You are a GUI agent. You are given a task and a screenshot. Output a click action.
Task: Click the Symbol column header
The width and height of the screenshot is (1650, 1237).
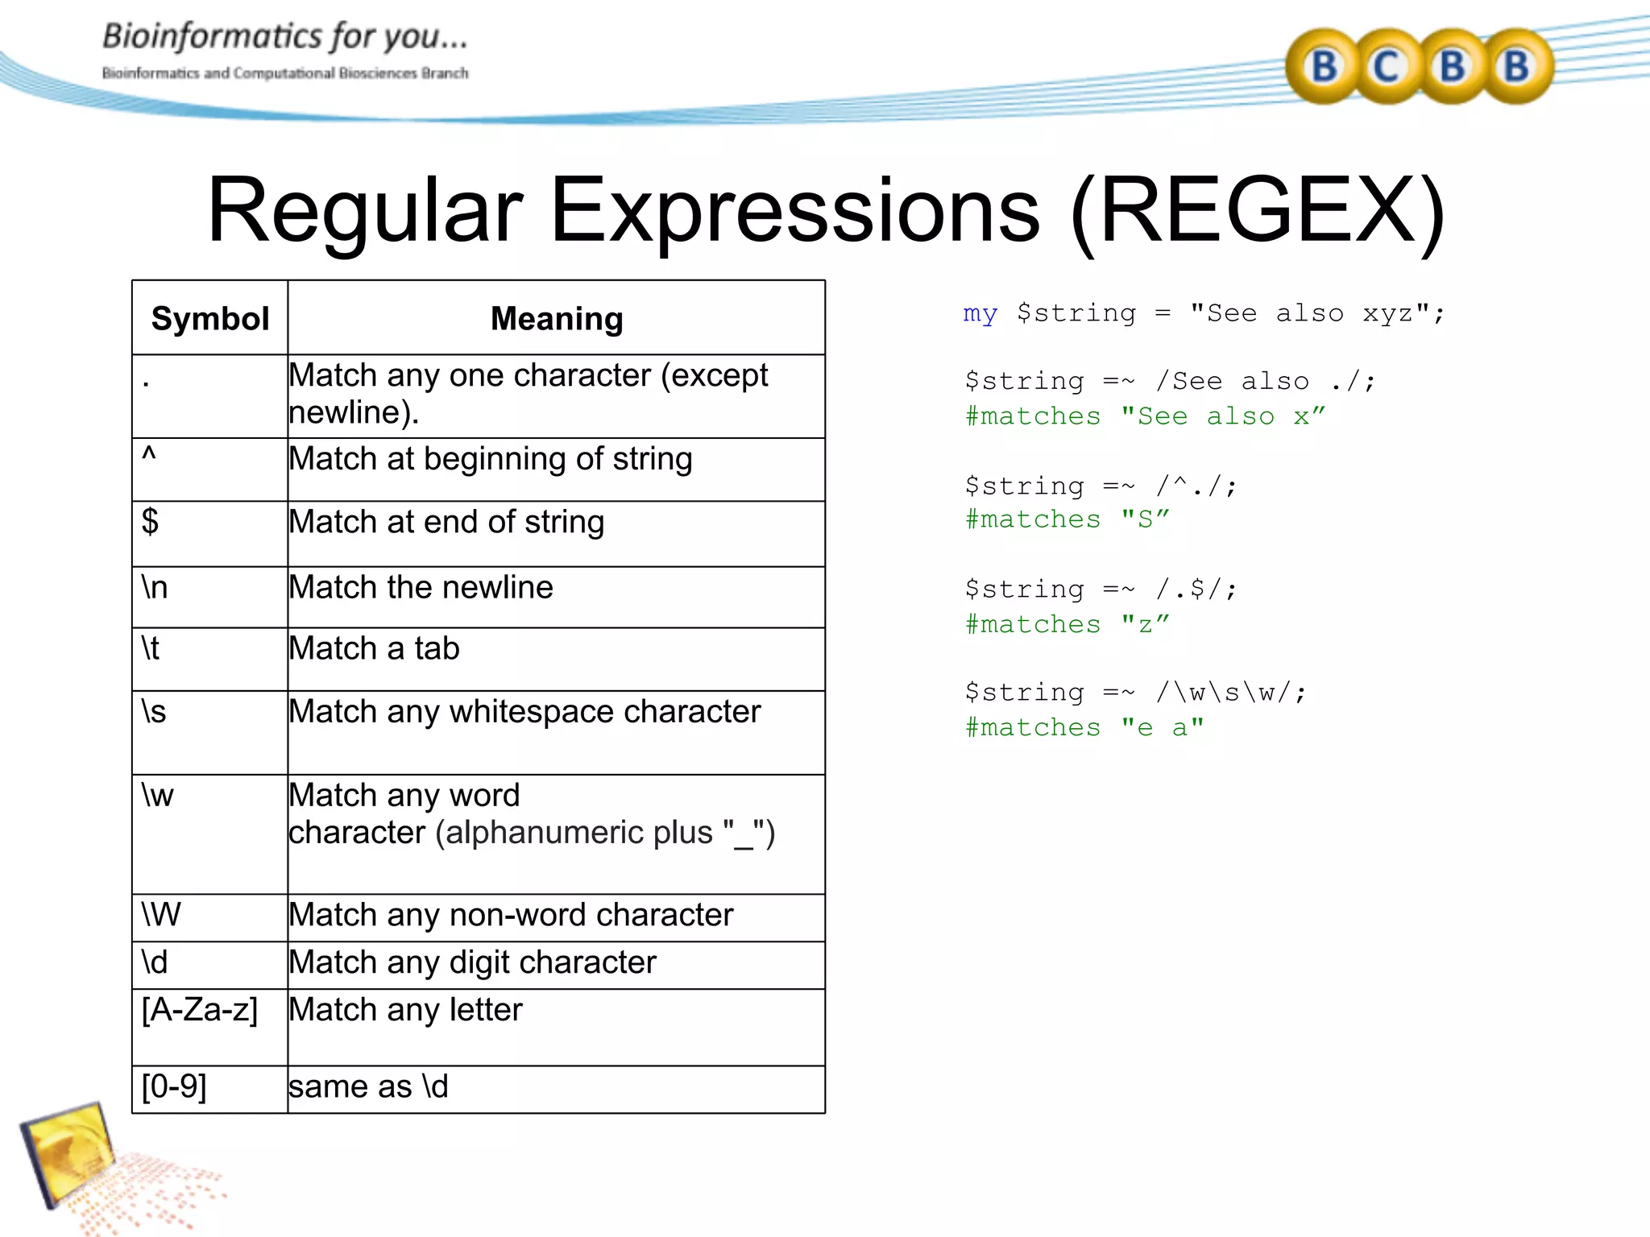pos(210,319)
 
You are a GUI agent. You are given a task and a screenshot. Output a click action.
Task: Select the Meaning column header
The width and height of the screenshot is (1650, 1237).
pos(557,319)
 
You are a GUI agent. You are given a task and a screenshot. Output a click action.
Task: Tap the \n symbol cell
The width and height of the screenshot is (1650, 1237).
pos(155,588)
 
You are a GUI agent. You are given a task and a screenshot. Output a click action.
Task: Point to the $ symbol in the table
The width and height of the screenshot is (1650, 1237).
pos(151,522)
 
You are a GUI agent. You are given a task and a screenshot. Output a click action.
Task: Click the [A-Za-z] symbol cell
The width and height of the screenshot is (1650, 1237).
pos(200,1010)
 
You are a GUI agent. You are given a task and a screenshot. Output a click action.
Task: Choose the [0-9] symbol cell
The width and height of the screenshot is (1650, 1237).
pos(175,1087)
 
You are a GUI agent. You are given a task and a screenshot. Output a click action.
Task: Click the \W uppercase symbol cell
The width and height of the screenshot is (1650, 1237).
pos(161,915)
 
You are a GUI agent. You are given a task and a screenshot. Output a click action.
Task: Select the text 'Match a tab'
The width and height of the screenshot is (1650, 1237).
pos(375,649)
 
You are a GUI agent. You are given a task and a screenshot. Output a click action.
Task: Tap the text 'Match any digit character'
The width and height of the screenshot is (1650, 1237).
pos(473,962)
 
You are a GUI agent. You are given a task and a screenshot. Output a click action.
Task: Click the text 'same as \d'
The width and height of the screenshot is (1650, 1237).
pos(368,1087)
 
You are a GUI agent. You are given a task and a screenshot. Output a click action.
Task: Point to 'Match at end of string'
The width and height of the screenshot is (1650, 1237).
pos(447,522)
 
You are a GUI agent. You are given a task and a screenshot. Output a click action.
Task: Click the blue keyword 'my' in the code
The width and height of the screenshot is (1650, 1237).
pos(980,313)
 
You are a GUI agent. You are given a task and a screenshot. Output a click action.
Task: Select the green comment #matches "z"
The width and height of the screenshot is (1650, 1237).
pos(1067,625)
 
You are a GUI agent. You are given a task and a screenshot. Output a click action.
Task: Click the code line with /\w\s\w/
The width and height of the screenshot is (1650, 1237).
pos(1135,693)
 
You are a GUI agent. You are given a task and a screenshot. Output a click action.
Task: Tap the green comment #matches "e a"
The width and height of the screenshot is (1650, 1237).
pos(1084,728)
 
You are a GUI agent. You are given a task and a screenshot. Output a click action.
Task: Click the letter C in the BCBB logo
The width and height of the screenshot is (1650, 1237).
pos(1387,67)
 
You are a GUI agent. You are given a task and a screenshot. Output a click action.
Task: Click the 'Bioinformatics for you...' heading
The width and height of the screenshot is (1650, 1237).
pos(284,37)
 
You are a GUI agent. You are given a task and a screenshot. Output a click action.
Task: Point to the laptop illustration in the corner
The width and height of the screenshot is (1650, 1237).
pos(68,1152)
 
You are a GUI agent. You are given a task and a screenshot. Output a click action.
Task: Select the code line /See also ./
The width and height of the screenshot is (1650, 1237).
pos(1170,382)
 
